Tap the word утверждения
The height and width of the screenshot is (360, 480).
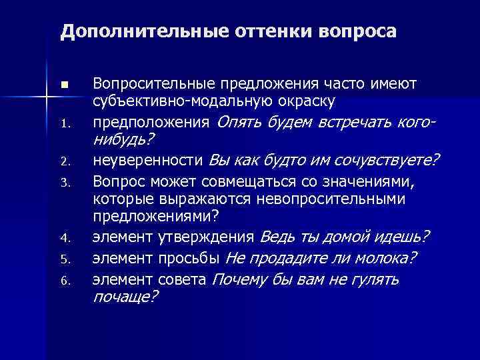(x=214, y=237)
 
